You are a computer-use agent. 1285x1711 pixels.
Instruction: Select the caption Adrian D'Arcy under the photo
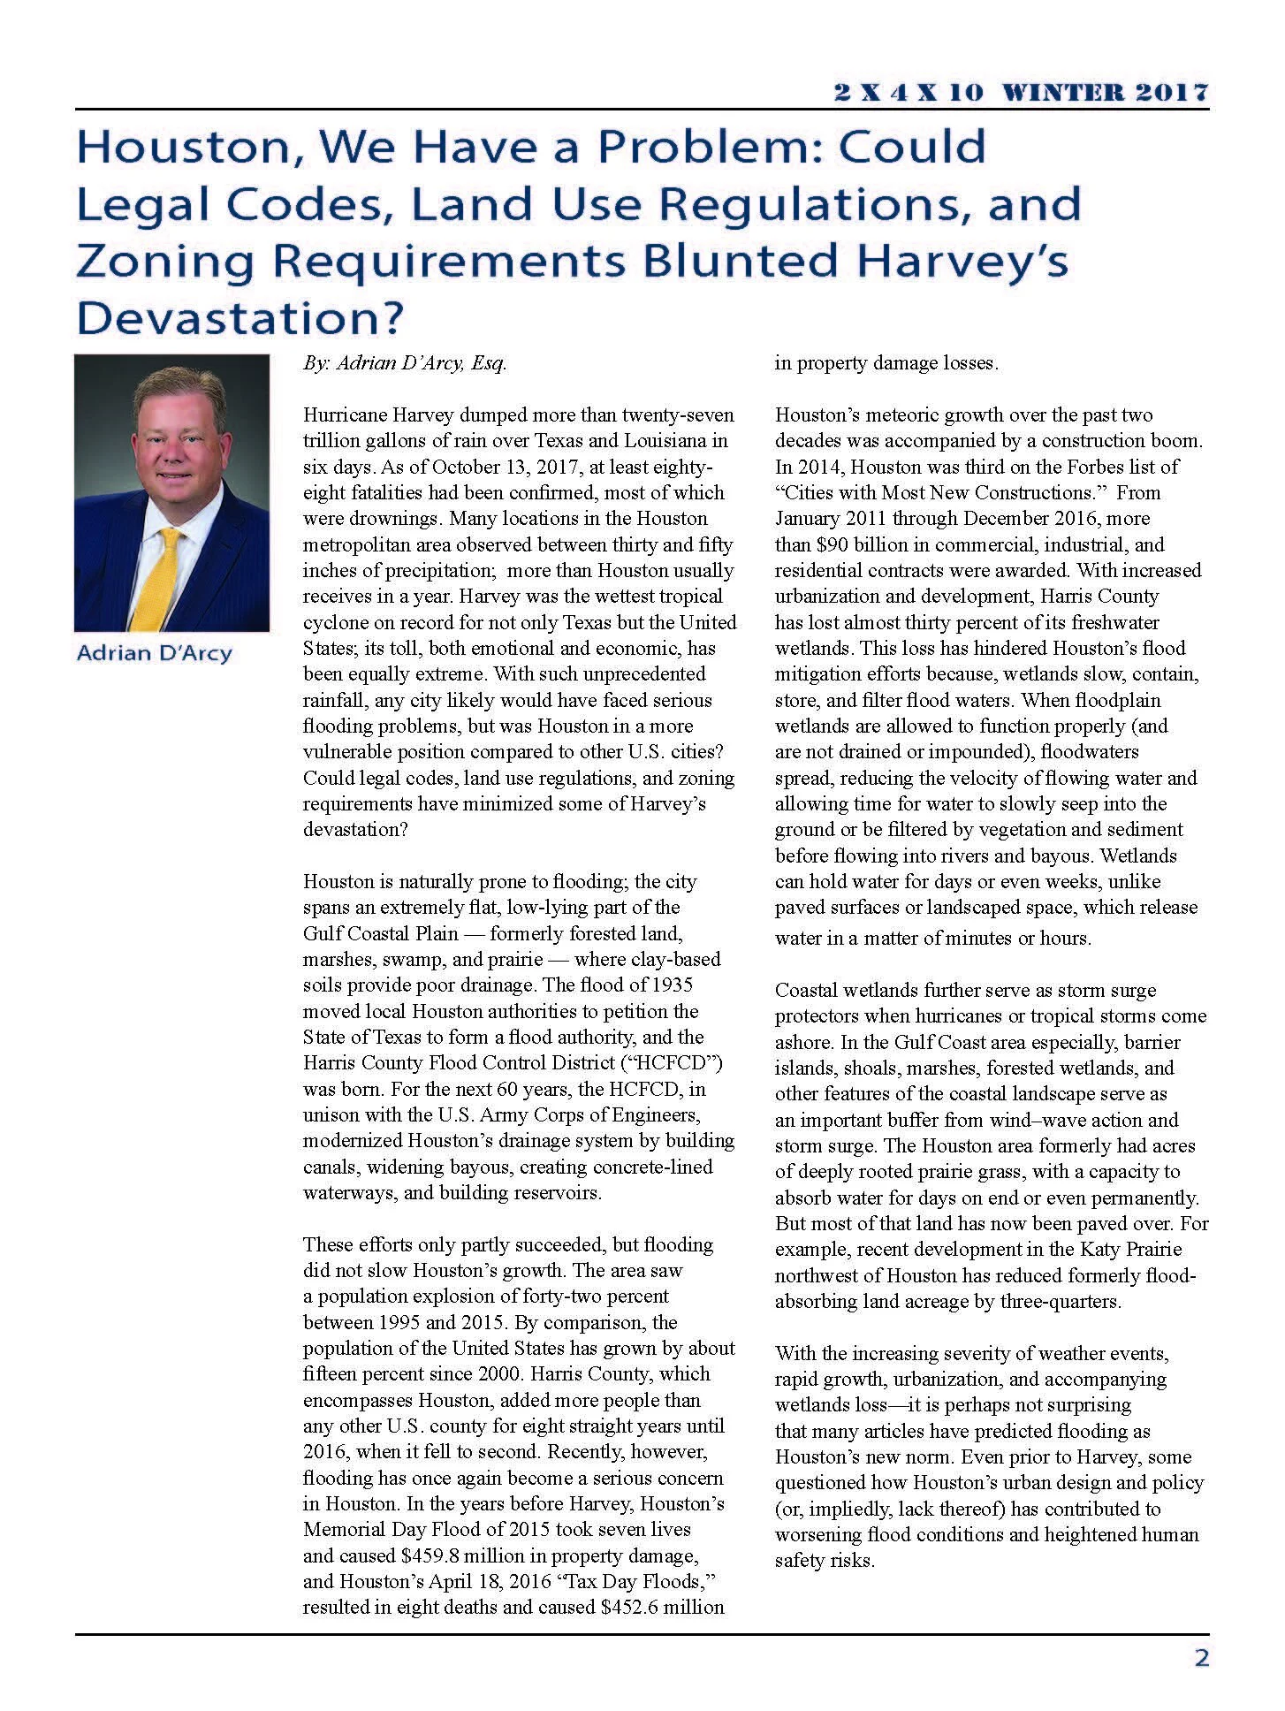[154, 654]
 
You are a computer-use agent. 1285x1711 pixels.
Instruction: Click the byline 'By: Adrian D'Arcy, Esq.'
[405, 363]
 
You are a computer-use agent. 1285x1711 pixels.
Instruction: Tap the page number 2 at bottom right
[1201, 1658]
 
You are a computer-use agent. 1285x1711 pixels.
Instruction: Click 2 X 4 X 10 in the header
[909, 92]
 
